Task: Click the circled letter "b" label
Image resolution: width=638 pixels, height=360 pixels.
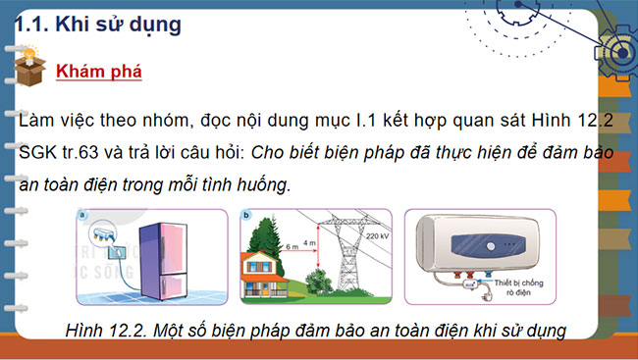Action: (245, 214)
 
